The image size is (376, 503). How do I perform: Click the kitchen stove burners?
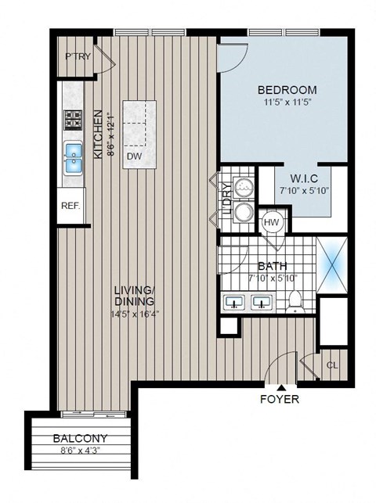coord(74,120)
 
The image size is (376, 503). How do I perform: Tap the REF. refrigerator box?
coord(70,207)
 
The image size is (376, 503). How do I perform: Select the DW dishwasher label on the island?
coord(134,156)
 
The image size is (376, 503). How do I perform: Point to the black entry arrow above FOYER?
coord(280,387)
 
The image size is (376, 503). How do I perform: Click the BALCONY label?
coord(81,439)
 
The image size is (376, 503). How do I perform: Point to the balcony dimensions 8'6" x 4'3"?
coord(81,451)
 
